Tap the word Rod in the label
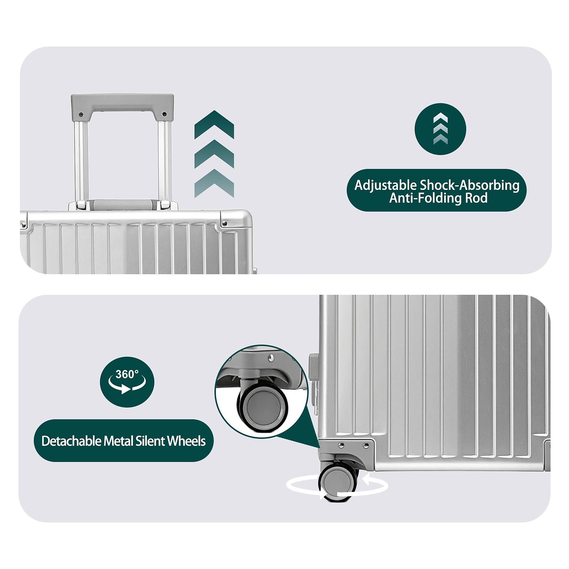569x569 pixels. pyautogui.click(x=476, y=198)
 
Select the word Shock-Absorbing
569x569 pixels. pyautogui.click(x=470, y=185)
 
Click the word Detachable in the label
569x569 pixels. pyautogui.click(x=71, y=441)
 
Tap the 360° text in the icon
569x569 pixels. pyautogui.click(x=127, y=374)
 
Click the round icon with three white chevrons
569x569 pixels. pyautogui.click(x=440, y=129)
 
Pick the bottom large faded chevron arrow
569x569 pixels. pyautogui.click(x=214, y=183)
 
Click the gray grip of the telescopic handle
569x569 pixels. pyautogui.click(x=122, y=103)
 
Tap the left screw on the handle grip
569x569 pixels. pyautogui.click(x=81, y=115)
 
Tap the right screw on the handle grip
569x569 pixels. pyautogui.click(x=164, y=114)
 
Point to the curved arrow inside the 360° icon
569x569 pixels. pyautogui.click(x=127, y=386)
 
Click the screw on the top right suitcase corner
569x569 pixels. pyautogui.click(x=224, y=223)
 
